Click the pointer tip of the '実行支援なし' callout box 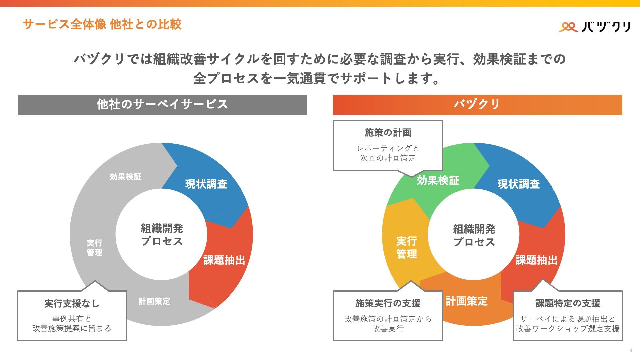coord(95,281)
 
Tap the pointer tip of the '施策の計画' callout coord(412,176)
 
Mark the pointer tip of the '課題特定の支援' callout coord(543,279)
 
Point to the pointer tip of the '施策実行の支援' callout coord(411,281)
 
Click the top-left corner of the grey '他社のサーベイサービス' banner coord(18,95)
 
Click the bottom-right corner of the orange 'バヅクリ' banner coord(622,115)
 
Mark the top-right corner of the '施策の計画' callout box coord(443,120)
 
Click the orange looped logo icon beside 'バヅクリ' coord(568,27)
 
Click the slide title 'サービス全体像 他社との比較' coord(102,24)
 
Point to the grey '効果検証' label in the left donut coord(126,177)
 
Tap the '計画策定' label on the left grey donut coord(154,301)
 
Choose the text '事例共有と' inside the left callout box coord(72,319)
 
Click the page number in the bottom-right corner coord(631,350)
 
